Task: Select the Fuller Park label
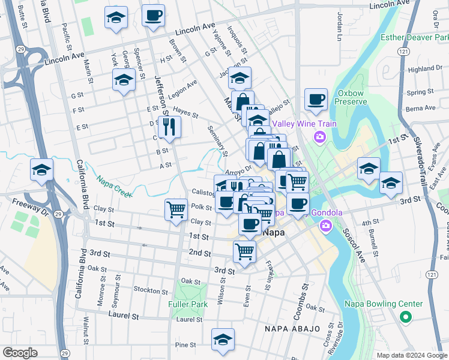[188, 304]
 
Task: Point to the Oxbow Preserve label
[351, 97]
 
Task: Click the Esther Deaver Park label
[415, 37]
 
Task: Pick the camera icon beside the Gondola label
[326, 226]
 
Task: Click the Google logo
[20, 353]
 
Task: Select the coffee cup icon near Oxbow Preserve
[316, 99]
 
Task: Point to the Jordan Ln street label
[339, 27]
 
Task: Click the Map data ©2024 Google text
[411, 355]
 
